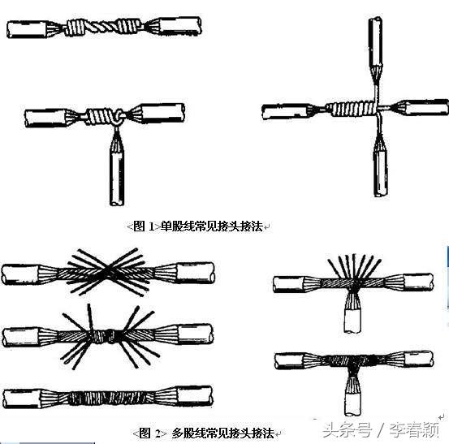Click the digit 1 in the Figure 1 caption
152,226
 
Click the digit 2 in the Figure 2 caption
158,433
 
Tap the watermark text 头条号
348,429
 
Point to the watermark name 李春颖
414,429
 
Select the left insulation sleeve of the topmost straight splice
28,29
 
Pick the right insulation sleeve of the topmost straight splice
179,26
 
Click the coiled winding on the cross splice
353,109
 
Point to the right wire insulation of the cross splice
426,107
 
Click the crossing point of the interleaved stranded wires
107,271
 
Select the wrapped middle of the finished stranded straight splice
112,398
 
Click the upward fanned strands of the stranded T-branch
355,267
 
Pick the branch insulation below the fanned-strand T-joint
352,321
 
